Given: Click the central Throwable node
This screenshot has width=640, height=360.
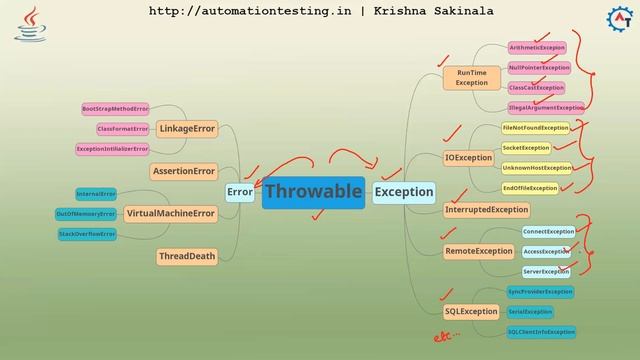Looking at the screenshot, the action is [x=313, y=191].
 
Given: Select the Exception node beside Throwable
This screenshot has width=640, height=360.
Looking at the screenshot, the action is [x=404, y=191].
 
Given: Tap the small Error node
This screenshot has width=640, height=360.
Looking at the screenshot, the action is [x=240, y=191].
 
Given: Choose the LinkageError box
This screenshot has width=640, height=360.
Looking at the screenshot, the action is [x=187, y=129].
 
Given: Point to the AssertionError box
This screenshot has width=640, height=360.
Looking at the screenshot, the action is [x=184, y=171].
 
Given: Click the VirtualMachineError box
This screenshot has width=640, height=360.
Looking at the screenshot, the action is [x=171, y=213].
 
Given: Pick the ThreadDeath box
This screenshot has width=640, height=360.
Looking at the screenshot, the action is [x=187, y=256].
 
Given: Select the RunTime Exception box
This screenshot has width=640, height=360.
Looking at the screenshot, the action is [x=472, y=78].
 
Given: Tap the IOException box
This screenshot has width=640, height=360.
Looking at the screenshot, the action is [x=468, y=157].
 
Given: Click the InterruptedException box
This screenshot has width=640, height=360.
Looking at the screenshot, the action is [x=487, y=210].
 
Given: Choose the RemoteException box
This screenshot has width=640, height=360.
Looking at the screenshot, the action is [x=478, y=251].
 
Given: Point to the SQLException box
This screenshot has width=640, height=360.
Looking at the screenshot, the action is [x=471, y=311].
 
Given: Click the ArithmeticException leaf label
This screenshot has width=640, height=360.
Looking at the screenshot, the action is [x=537, y=47].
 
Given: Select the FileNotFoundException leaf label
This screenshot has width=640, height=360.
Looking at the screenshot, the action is [x=535, y=128].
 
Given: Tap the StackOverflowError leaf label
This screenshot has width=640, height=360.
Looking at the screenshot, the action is [x=88, y=234].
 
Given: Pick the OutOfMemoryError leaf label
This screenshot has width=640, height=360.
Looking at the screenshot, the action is [x=86, y=213].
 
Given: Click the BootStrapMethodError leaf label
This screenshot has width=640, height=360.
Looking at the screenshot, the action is [x=115, y=108].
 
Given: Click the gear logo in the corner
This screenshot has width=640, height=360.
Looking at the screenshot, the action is [x=619, y=19].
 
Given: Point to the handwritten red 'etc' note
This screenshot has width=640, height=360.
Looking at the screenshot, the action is [x=445, y=337].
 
